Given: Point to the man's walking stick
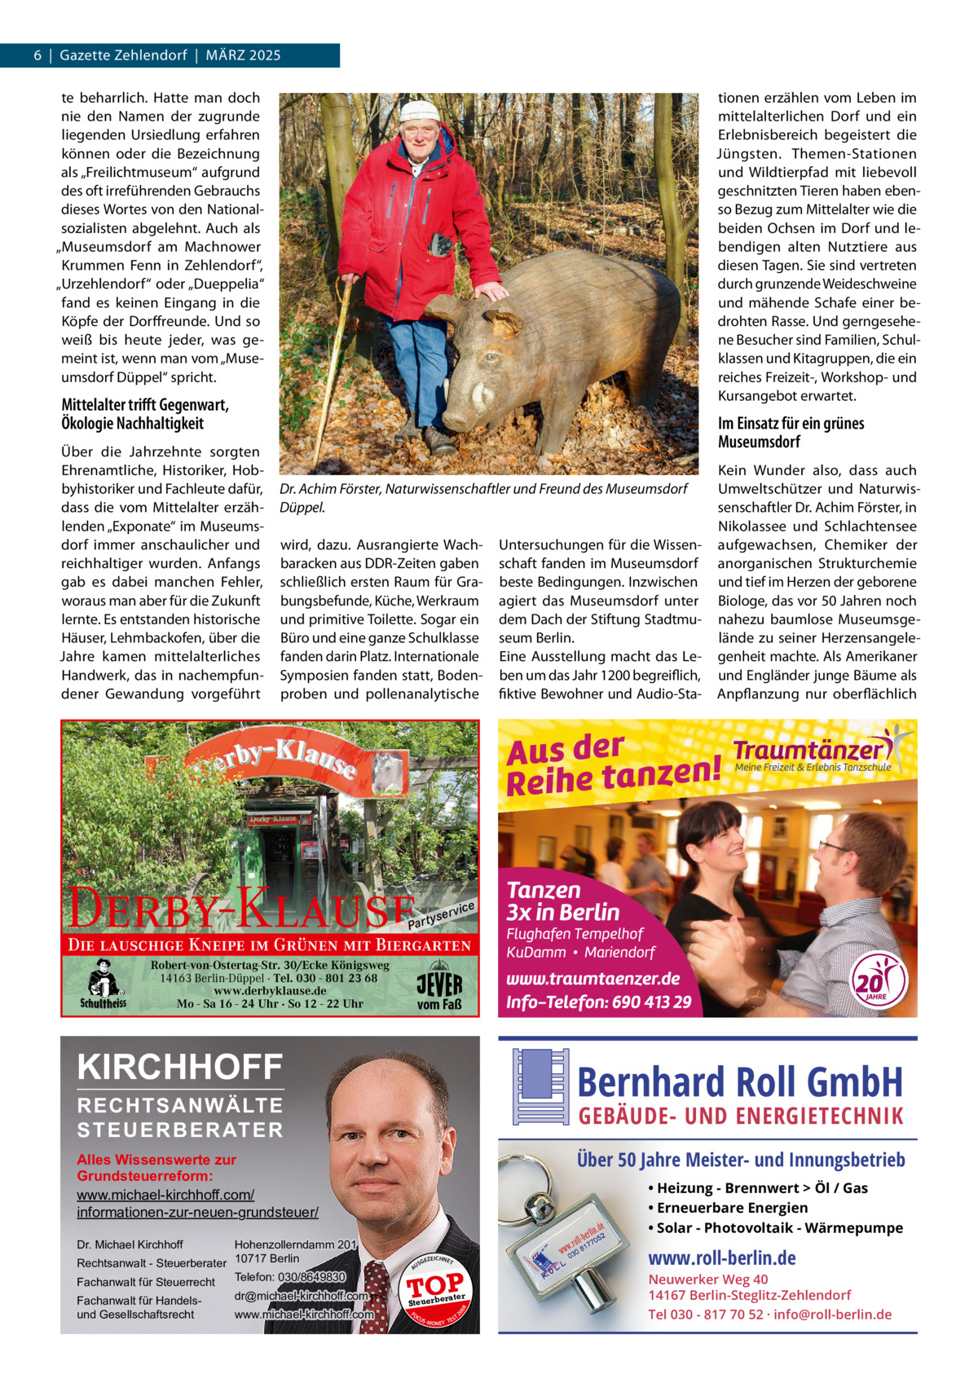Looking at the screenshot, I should coord(339,358).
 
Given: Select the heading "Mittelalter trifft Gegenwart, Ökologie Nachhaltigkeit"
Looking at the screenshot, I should coord(144,414).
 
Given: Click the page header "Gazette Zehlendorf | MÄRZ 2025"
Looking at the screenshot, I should coord(170,55).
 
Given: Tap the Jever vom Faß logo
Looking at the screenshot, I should coord(439,989).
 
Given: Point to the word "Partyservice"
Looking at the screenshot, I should coord(442,916).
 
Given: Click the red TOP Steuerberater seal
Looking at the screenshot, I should coord(436,1290).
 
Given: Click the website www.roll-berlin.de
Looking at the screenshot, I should coord(721,1257).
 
